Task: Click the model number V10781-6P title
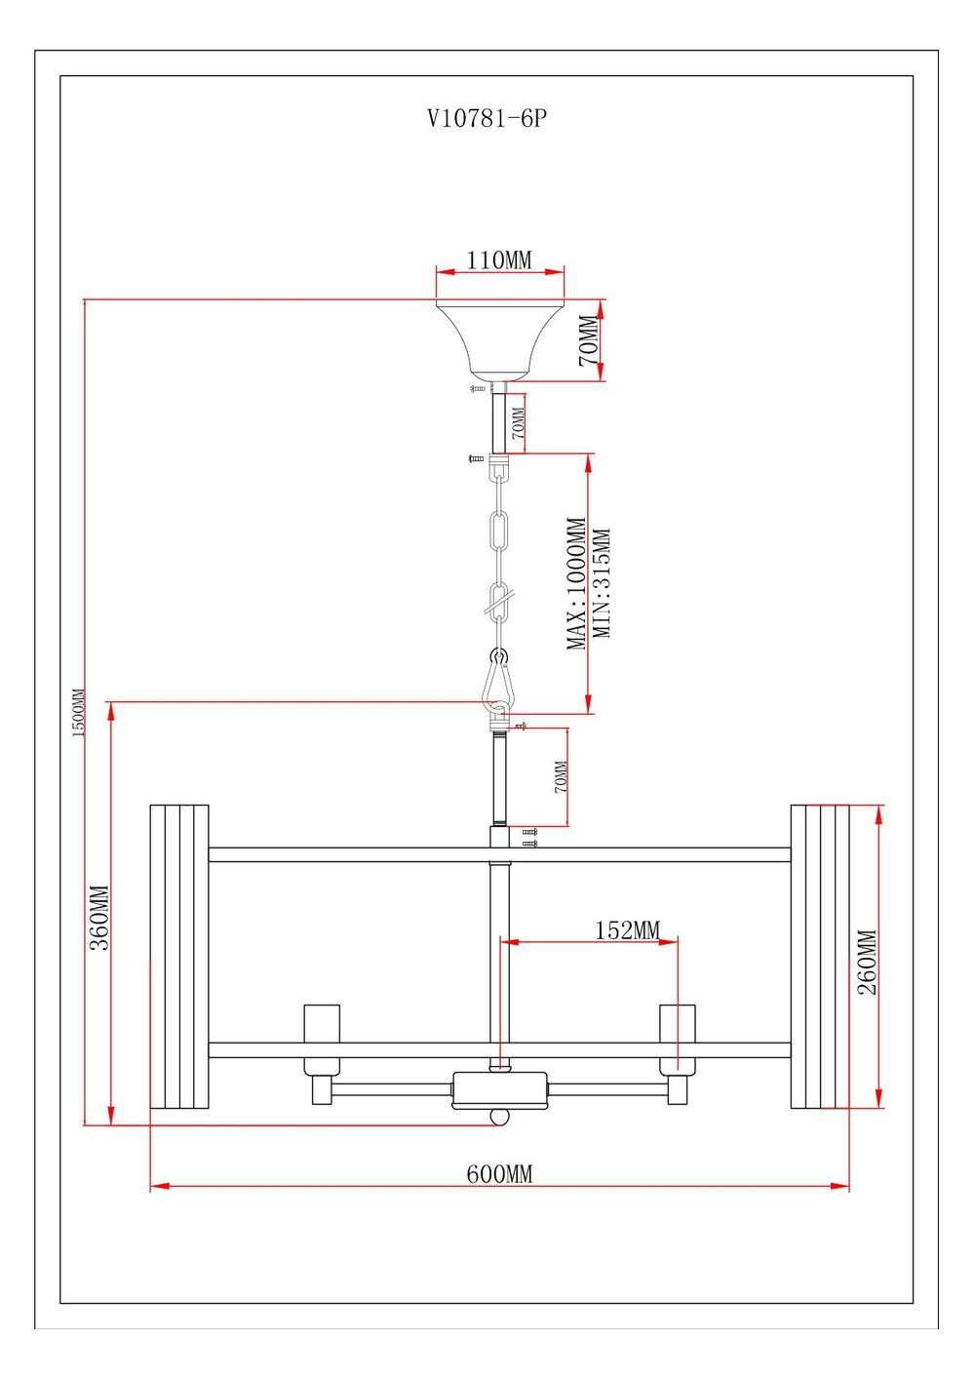487,119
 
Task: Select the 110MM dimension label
499,260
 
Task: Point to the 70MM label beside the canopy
589,340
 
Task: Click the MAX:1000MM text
577,583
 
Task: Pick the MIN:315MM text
603,583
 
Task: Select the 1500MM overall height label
78,713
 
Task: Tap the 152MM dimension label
627,930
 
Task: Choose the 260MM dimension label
867,962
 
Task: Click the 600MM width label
499,1174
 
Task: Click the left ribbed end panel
179,956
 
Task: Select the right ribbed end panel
820,956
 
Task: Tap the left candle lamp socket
322,1024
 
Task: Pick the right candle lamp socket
678,1024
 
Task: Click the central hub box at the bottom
499,1089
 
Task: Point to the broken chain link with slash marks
499,605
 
